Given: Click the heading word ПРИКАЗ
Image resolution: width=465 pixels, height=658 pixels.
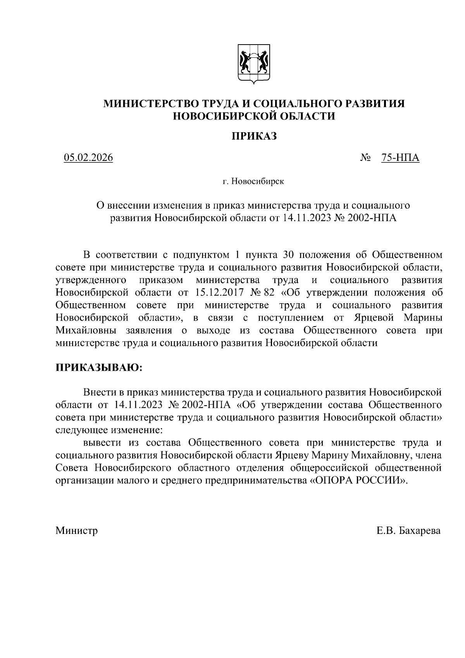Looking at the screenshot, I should pos(254,136).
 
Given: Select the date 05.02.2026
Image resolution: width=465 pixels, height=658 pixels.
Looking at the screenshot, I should pos(88,158).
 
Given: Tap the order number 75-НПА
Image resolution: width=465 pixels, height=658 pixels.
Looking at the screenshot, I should pos(400,158).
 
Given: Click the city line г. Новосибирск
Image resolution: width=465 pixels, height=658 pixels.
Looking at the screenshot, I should pos(253,181).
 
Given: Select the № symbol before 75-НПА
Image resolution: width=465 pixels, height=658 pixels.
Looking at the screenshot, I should pos(365,158).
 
